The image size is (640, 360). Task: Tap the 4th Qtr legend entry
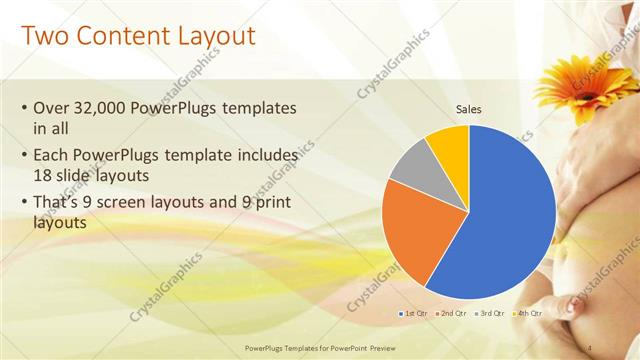point(527,314)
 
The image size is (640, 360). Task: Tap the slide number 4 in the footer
point(590,347)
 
